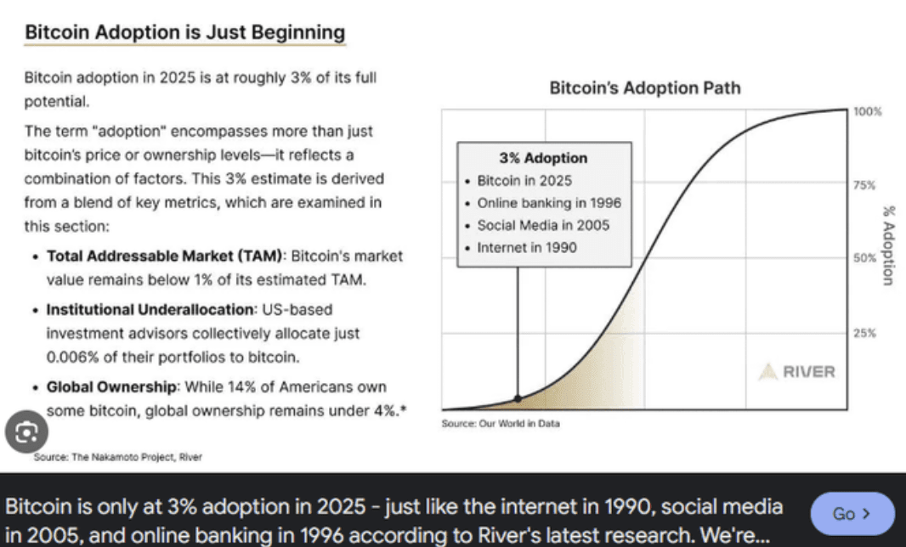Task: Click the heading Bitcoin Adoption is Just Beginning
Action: pos(184,33)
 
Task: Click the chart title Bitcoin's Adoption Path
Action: pos(644,87)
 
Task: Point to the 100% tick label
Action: pos(868,112)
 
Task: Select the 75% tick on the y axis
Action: pos(865,184)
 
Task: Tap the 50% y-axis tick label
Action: pos(865,257)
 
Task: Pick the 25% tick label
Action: pos(865,332)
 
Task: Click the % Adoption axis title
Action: pos(889,245)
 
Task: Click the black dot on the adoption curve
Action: pos(518,398)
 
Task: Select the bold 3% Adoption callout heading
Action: pos(542,158)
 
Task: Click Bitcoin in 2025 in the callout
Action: pos(524,181)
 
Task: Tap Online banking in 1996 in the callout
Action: pos(548,203)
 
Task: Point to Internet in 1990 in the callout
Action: pos(526,247)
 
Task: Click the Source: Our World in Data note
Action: pos(501,423)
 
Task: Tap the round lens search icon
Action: pos(25,432)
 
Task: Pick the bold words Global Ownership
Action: pos(111,387)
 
